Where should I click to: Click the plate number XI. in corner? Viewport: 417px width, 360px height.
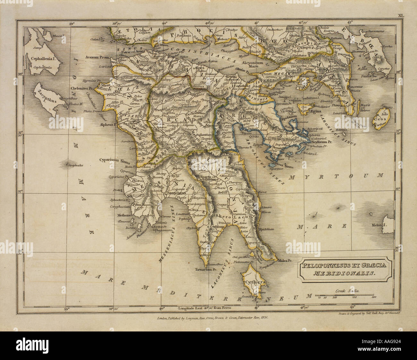tap(401, 15)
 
